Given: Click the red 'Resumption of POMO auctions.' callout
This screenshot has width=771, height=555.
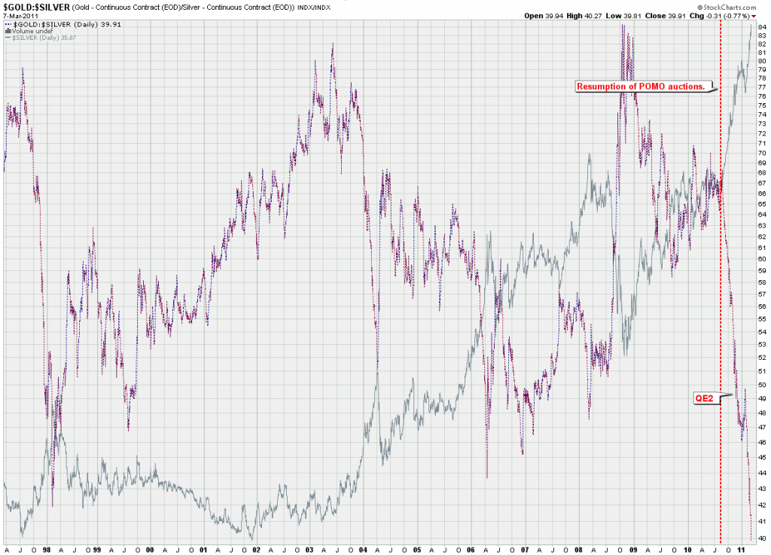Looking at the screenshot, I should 641,87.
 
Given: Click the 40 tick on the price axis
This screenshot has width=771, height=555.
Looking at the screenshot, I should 762,538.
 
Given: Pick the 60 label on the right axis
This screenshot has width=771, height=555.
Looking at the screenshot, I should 762,259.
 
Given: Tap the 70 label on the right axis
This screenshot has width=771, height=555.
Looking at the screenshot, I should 762,153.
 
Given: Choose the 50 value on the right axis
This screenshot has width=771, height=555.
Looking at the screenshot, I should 762,384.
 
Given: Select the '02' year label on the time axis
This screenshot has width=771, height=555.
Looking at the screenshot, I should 257,550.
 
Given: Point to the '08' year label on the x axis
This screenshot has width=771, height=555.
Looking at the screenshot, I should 579,550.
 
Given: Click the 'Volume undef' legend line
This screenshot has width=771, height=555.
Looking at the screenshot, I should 29,31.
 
